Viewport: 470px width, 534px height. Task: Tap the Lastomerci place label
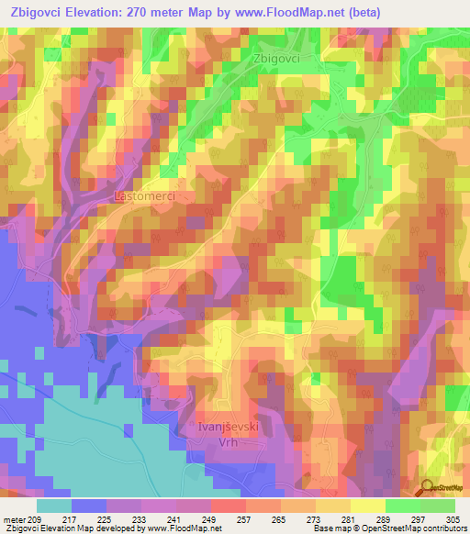click(143, 196)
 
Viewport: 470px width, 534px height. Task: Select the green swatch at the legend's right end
click(438, 506)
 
